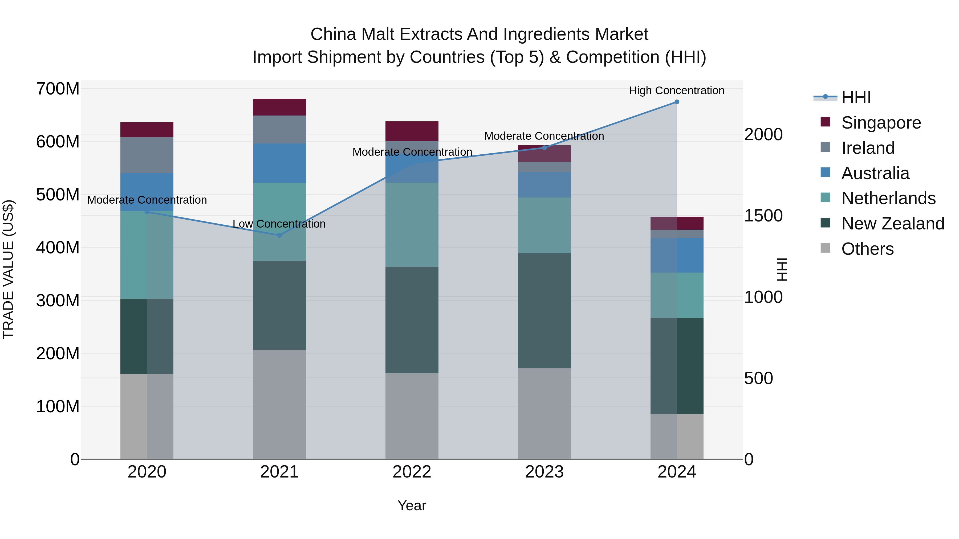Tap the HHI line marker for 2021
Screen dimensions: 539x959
pyautogui.click(x=280, y=235)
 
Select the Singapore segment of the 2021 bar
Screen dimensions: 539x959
pyautogui.click(x=280, y=107)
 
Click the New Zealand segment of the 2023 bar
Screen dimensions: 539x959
pyautogui.click(x=544, y=311)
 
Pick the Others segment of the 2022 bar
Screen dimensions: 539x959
pyautogui.click(x=412, y=416)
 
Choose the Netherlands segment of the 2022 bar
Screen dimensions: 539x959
pyautogui.click(x=412, y=224)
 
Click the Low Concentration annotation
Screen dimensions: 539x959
pyautogui.click(x=279, y=224)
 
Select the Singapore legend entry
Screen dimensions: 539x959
pyautogui.click(x=881, y=123)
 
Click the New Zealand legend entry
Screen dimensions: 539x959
pyautogui.click(x=892, y=224)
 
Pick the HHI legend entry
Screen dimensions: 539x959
pyautogui.click(x=856, y=97)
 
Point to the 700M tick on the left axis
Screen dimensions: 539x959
pyautogui.click(x=58, y=89)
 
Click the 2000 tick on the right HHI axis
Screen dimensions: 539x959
pyautogui.click(x=763, y=134)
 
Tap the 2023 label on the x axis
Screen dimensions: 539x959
pyautogui.click(x=544, y=472)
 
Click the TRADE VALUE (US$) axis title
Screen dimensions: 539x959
pyautogui.click(x=8, y=269)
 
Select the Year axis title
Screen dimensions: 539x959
pyautogui.click(x=412, y=505)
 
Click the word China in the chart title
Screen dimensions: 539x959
pyautogui.click(x=333, y=34)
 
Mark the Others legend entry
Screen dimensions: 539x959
pyautogui.click(x=867, y=249)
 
